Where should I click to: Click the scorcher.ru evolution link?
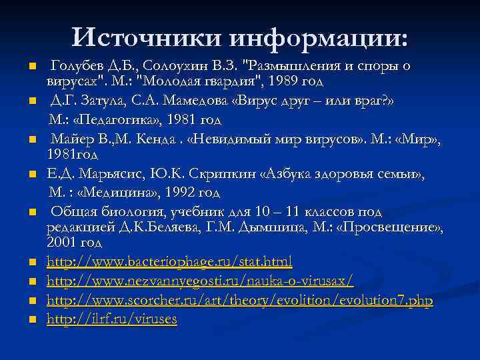[239, 301]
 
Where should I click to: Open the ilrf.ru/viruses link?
[111, 319]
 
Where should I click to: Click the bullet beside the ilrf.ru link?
[31, 320]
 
